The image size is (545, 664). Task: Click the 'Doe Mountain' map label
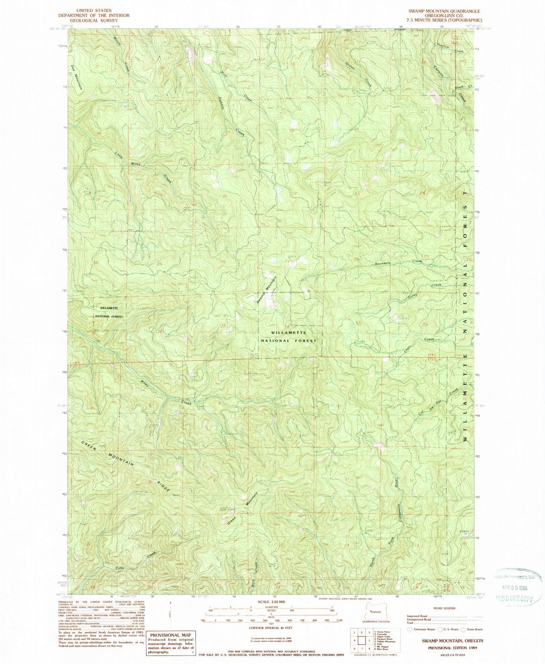(77, 77)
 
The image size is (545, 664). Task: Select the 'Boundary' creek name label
(382, 263)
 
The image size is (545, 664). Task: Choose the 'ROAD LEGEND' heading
(444, 608)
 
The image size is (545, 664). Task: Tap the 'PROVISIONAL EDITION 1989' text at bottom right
(451, 647)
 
